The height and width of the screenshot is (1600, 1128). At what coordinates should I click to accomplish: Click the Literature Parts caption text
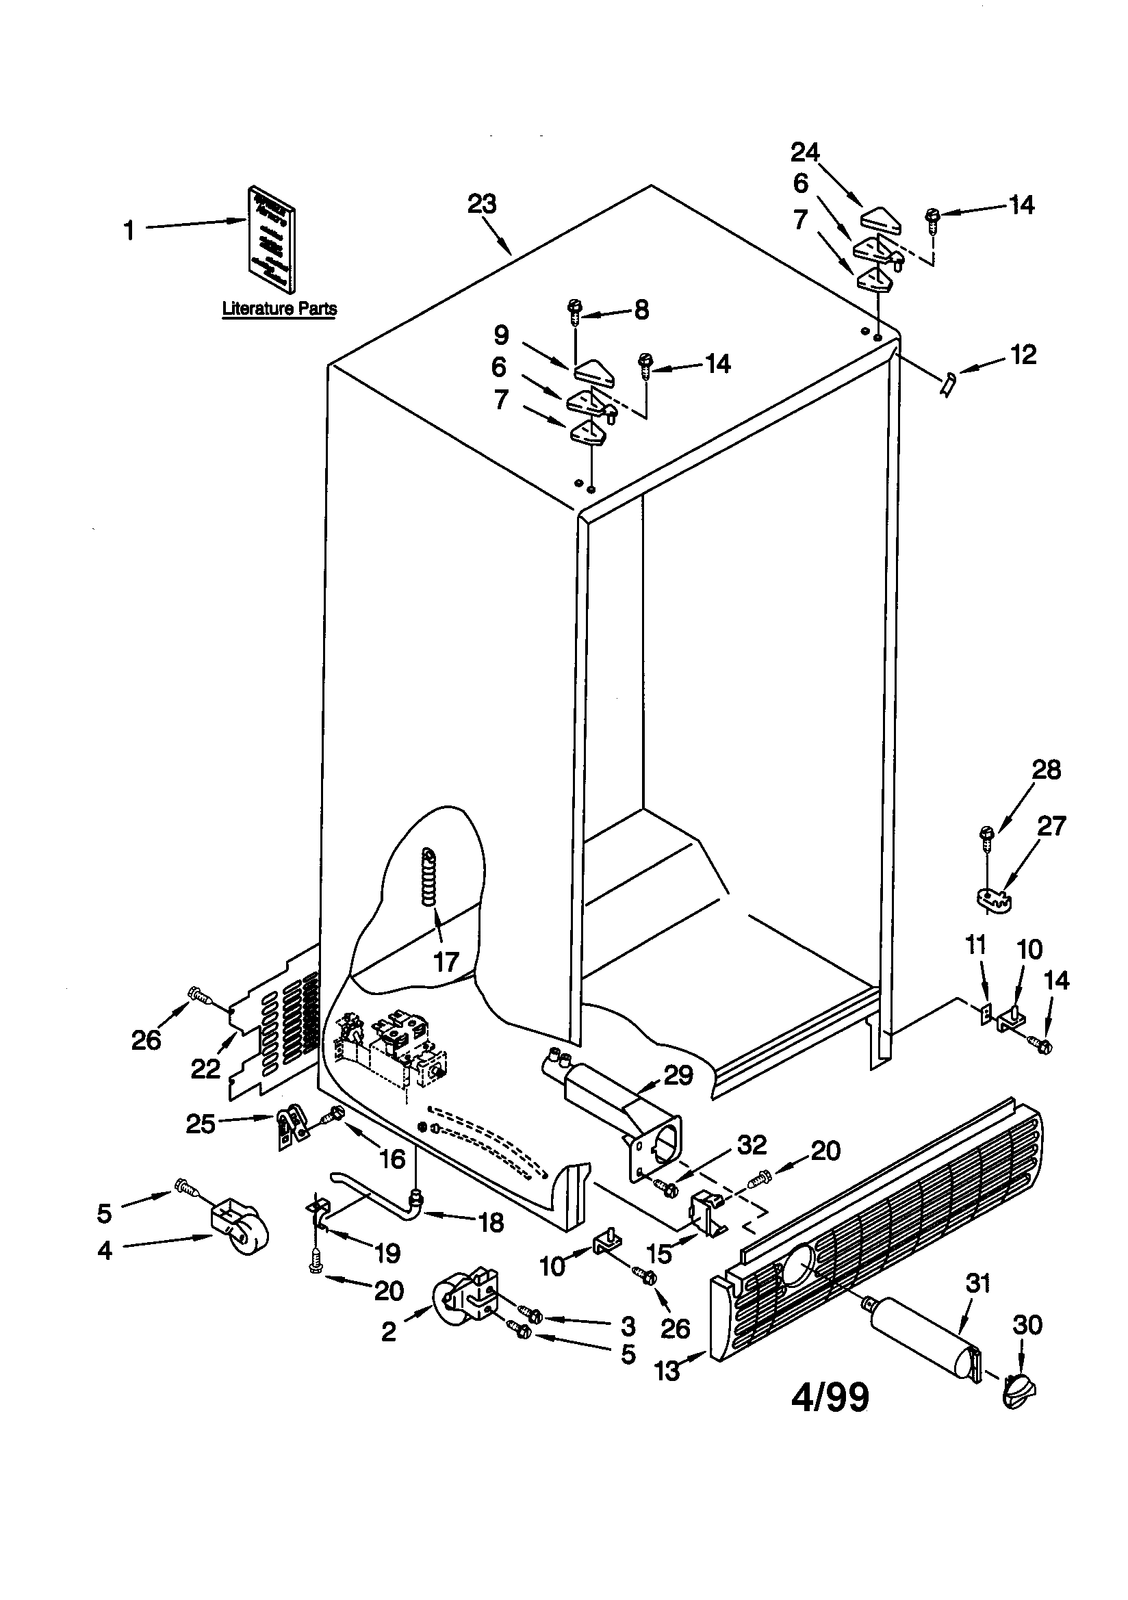pyautogui.click(x=279, y=308)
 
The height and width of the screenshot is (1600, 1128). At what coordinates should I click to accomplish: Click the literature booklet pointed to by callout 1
pyautogui.click(x=271, y=238)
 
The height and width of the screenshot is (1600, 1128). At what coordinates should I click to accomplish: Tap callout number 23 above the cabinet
pyautogui.click(x=481, y=204)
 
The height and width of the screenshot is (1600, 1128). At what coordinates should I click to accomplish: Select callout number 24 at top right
pyautogui.click(x=804, y=151)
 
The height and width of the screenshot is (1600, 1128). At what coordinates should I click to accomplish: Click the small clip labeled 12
pyautogui.click(x=948, y=383)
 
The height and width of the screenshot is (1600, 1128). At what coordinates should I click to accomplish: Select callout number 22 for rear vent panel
pyautogui.click(x=205, y=1068)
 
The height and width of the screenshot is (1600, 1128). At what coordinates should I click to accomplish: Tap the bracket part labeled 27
pyautogui.click(x=992, y=899)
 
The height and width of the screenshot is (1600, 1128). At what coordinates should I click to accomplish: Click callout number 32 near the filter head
pyautogui.click(x=752, y=1144)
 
